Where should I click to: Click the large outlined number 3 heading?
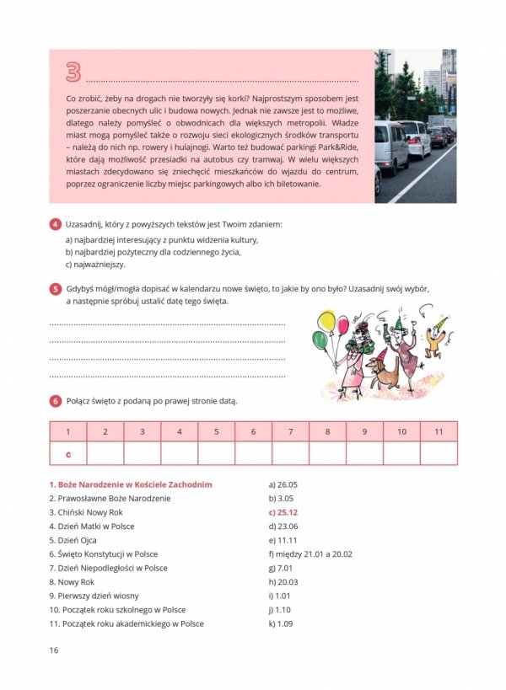pos(73,72)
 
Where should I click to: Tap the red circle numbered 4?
pos(55,225)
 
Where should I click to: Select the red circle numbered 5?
pos(55,289)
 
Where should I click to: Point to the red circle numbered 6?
pos(55,401)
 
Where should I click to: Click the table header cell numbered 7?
pos(290,431)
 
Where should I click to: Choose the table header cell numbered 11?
pos(439,431)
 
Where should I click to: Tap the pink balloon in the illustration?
pos(342,324)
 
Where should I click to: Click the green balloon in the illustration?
pos(320,340)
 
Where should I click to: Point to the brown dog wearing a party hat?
pos(383,372)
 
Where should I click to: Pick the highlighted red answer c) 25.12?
pos(283,512)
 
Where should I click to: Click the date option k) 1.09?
pos(281,623)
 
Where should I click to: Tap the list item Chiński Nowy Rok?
pos(86,512)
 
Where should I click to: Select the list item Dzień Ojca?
pos(75,540)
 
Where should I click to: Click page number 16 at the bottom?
pos(53,650)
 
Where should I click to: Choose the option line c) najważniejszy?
pos(94,264)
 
